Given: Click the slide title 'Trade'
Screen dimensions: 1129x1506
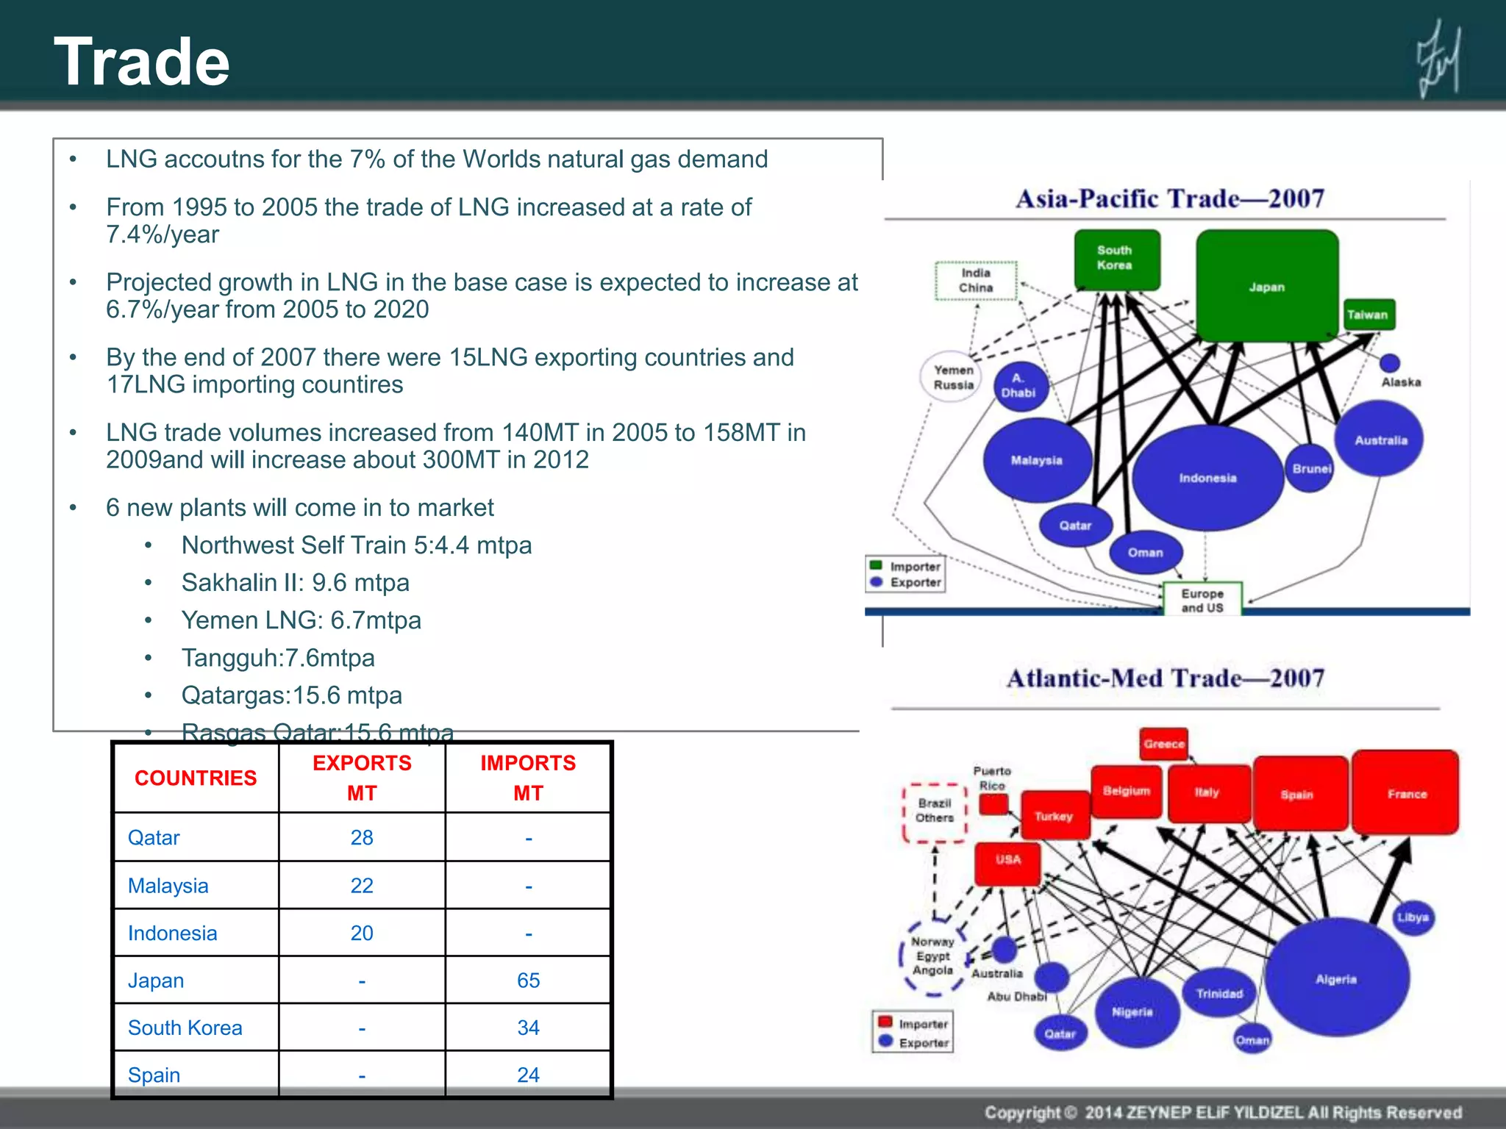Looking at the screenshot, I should click(142, 62).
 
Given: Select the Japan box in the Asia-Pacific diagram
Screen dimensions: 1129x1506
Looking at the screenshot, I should click(1266, 286).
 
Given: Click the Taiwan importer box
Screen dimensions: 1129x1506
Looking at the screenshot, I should click(1367, 315).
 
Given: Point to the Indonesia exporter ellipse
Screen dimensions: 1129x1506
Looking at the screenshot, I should click(1207, 478).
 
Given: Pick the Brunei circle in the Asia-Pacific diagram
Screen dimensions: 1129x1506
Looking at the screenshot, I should click(1310, 468).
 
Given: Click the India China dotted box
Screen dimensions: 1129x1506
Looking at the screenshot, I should click(976, 281).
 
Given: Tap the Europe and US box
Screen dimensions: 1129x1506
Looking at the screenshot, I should click(1202, 600).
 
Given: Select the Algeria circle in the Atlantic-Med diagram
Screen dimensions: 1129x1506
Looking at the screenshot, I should click(1336, 978).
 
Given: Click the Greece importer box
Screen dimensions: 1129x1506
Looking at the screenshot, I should click(1164, 744).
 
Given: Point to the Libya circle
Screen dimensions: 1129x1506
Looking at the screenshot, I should click(1413, 917).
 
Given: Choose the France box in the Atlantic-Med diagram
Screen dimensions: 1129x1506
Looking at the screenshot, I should click(1406, 793).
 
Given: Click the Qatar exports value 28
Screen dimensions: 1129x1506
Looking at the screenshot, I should click(362, 838).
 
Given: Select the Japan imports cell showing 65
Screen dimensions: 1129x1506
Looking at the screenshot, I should click(528, 981).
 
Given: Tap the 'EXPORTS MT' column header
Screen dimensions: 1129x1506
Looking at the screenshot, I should click(362, 778).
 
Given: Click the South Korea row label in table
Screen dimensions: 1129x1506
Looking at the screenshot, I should click(185, 1028).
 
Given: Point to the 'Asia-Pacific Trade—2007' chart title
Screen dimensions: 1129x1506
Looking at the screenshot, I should click(1169, 198).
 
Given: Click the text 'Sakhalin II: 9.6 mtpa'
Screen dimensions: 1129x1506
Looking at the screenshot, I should click(295, 583).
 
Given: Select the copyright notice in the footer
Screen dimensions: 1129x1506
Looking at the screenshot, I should click(1222, 1112).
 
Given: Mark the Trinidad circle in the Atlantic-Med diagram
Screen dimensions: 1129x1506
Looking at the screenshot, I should click(1219, 993).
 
